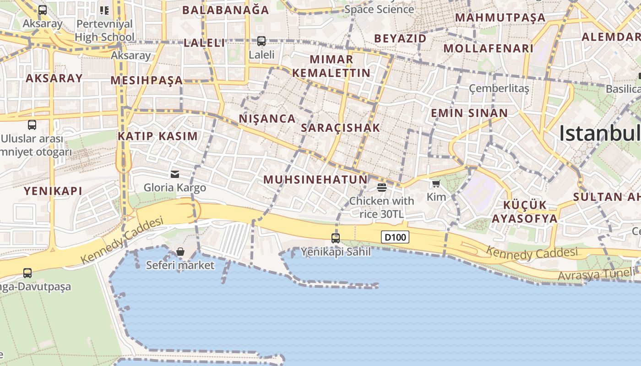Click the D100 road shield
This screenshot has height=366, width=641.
tap(395, 237)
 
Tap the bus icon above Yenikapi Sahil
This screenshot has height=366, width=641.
tap(336, 238)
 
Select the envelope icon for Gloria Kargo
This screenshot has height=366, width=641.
tap(175, 174)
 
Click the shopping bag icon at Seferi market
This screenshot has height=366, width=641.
tap(180, 252)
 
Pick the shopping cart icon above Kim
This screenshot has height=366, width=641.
tap(436, 184)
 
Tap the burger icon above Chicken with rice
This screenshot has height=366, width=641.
tap(381, 187)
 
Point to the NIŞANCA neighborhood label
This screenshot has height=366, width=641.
tap(267, 118)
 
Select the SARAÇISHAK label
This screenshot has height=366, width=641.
tap(341, 128)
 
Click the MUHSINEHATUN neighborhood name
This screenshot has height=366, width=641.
tap(315, 179)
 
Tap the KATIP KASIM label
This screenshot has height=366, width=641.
tap(158, 136)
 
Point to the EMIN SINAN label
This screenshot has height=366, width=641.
tap(469, 113)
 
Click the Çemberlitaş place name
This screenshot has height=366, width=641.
tap(499, 88)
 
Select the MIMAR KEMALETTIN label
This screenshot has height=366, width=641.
tap(331, 66)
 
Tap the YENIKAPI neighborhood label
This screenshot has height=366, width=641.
tap(53, 191)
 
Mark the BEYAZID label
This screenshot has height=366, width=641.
tap(400, 38)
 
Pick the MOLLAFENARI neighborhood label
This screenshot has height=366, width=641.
tap(489, 48)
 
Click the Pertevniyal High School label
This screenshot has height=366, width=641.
tap(104, 30)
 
